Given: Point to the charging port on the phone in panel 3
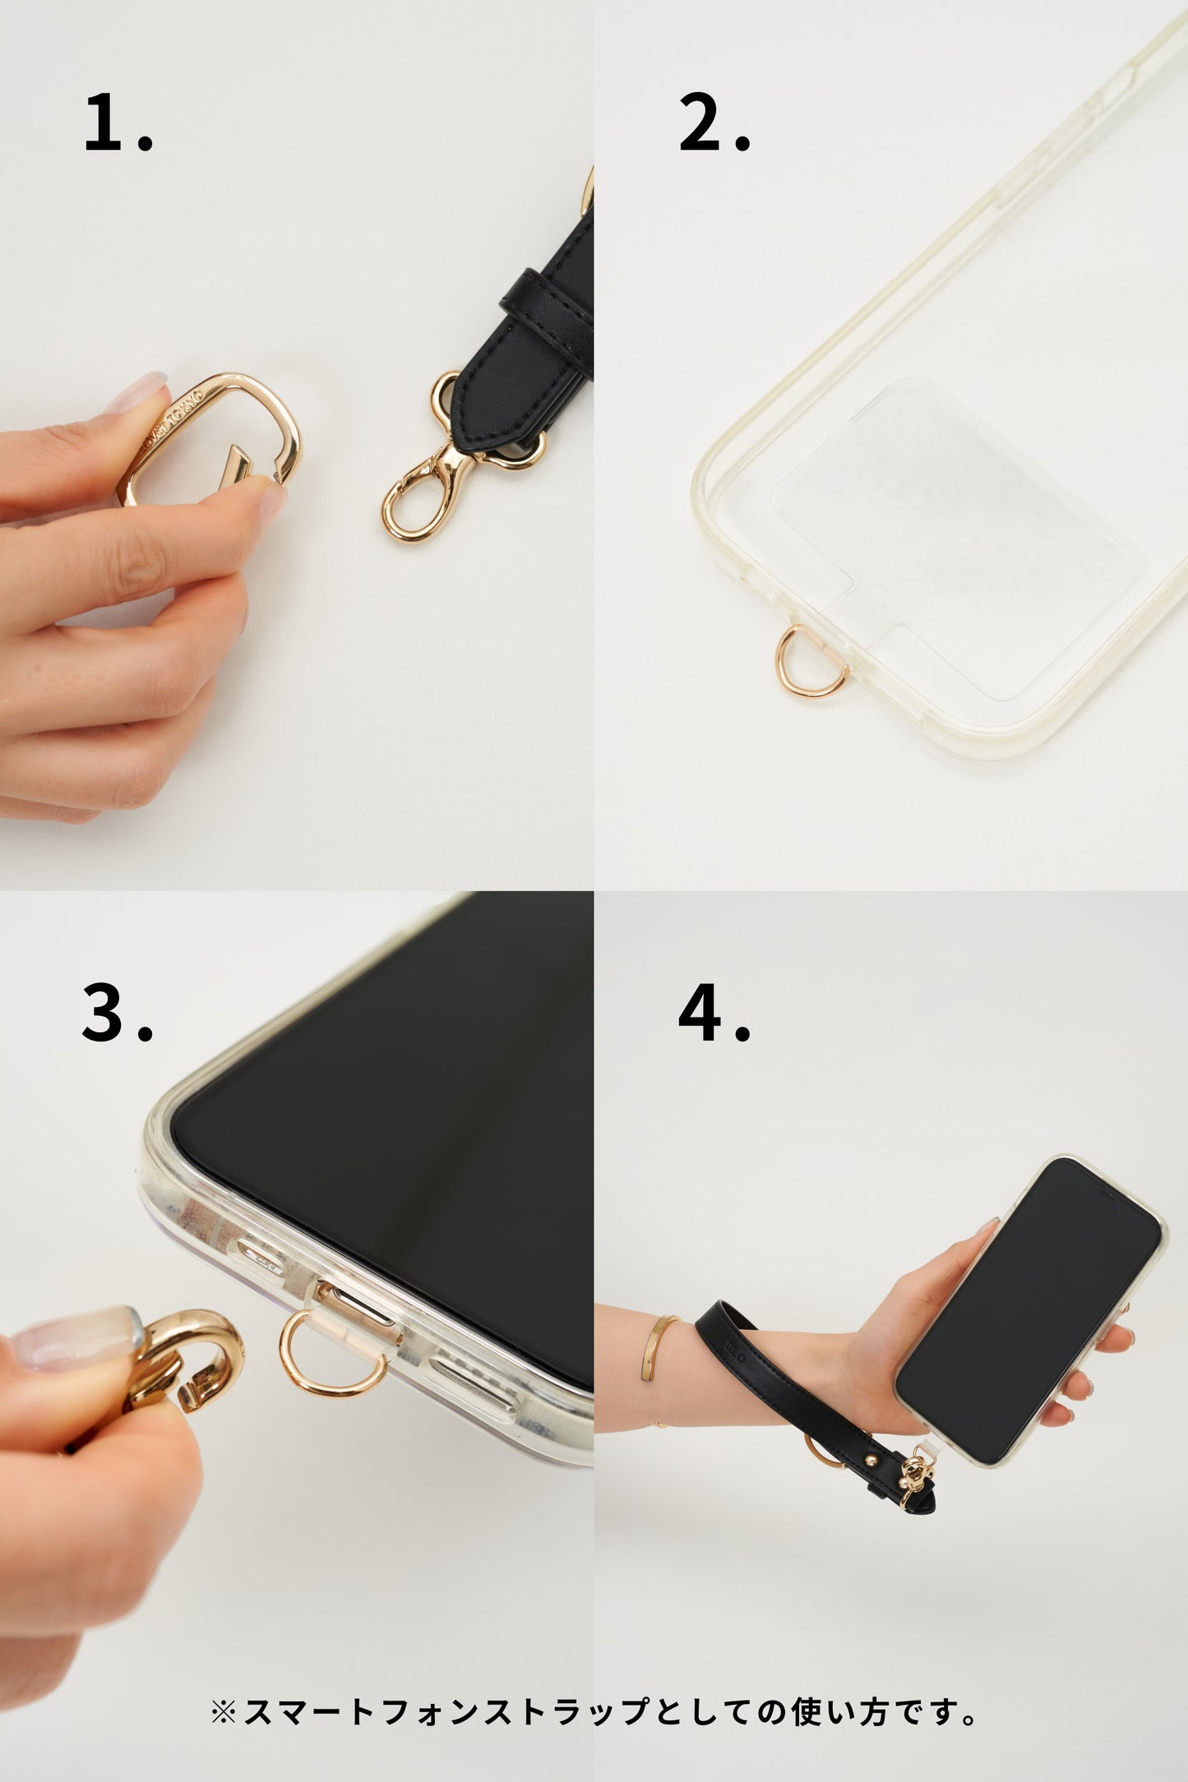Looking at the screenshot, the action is tap(362, 1308).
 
